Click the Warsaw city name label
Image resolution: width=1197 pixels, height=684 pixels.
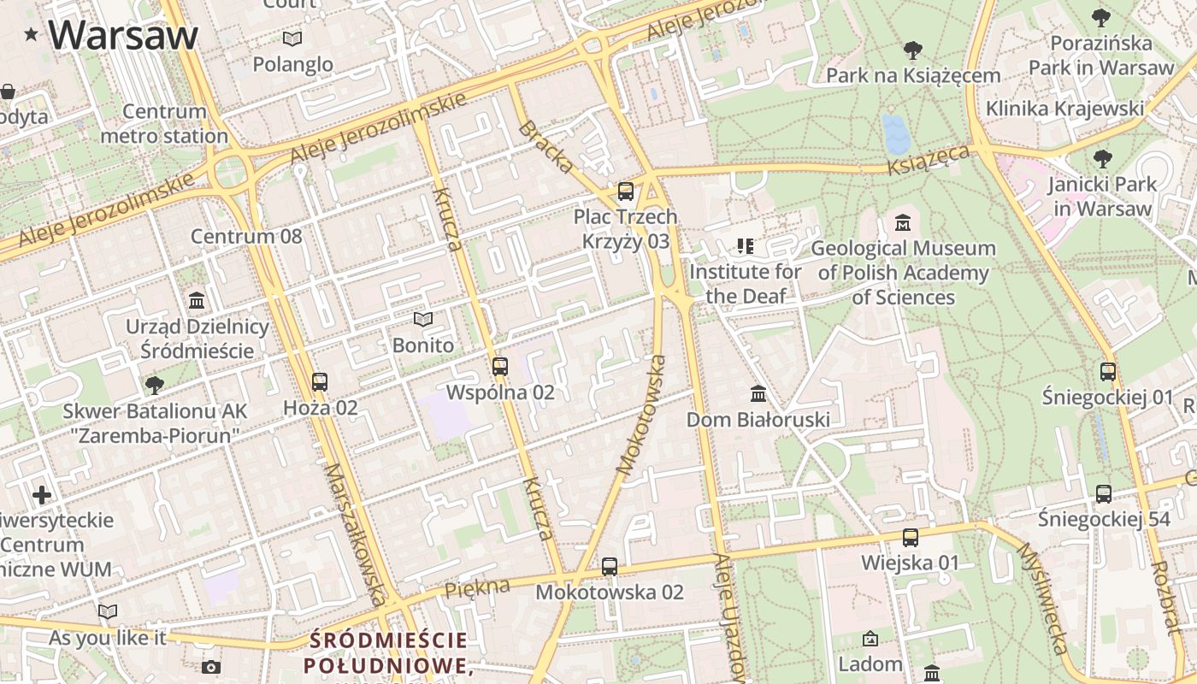(123, 35)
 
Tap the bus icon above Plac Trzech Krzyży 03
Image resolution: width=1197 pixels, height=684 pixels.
(626, 192)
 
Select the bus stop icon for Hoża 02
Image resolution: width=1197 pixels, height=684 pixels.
(320, 382)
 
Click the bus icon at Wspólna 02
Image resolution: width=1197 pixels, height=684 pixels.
(500, 367)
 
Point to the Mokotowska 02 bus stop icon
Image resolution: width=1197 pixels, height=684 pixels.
(610, 566)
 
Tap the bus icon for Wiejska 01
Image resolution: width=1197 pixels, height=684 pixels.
(911, 538)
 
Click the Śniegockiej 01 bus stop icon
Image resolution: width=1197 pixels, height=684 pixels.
(1108, 372)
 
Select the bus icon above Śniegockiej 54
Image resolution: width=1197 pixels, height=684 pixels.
(1104, 493)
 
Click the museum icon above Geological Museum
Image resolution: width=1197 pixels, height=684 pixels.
(902, 223)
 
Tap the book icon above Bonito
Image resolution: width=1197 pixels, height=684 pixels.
(423, 320)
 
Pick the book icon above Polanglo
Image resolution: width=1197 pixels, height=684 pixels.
(292, 38)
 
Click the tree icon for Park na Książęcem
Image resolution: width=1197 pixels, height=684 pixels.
(912, 50)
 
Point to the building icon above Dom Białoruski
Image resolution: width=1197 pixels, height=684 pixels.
(758, 394)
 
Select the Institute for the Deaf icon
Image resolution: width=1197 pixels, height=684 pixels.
(746, 247)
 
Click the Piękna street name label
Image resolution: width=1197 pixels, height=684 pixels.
(477, 587)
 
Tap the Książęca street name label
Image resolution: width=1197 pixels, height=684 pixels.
(929, 160)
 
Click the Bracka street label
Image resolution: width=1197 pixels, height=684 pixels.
(546, 148)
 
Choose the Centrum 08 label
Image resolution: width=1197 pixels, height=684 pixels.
(246, 236)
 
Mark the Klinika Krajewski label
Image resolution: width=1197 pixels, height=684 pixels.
(1064, 109)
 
